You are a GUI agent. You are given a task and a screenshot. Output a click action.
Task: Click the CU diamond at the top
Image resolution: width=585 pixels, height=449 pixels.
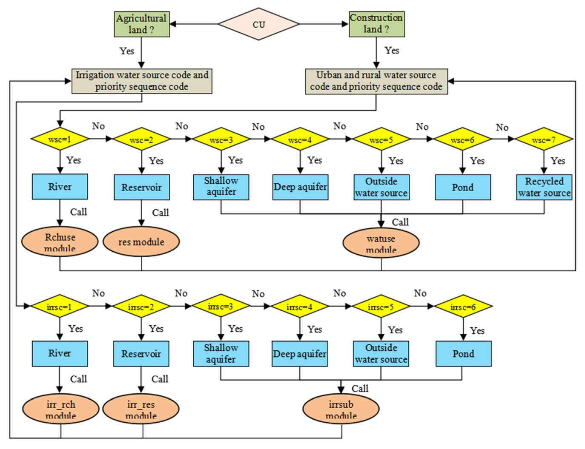coord(259,24)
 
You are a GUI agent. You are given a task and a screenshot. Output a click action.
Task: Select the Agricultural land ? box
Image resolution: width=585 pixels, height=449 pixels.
coord(142,24)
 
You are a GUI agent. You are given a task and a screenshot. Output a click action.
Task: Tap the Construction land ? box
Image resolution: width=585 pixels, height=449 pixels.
coord(376,24)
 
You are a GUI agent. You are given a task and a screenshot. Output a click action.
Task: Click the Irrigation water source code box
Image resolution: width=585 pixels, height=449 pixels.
coord(142,81)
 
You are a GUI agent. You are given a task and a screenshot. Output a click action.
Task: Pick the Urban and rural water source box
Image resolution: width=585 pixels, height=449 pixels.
coord(376,81)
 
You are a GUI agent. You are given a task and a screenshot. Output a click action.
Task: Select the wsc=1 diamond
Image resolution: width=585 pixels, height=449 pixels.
coord(60,139)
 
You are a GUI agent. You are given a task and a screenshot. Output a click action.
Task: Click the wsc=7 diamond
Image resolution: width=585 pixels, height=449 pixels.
coord(544,139)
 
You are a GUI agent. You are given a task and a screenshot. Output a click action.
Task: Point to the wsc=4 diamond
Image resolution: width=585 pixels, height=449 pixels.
coord(300,139)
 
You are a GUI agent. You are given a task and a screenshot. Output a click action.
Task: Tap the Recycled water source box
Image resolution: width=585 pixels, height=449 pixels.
coord(544,187)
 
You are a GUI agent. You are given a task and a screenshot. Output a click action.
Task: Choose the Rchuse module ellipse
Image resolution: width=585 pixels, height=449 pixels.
coord(60,242)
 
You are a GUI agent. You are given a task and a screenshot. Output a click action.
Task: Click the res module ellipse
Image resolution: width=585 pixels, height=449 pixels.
coord(141,242)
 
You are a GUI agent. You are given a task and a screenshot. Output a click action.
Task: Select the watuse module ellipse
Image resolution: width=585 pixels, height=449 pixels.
coord(381,243)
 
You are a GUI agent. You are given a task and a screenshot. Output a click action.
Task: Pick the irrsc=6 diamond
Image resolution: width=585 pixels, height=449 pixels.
coord(463,307)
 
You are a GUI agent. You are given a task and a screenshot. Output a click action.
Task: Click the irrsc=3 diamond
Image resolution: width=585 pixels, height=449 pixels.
coord(221,307)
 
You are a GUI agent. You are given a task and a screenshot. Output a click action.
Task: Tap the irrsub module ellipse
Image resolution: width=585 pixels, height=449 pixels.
coord(341,409)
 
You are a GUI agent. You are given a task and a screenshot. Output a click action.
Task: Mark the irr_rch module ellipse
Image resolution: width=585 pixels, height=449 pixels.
coord(60,409)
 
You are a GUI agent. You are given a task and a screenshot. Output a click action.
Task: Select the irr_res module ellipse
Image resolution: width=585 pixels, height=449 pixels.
coord(141,409)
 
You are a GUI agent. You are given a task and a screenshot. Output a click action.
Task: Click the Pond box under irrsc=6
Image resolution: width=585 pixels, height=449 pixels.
coord(463,354)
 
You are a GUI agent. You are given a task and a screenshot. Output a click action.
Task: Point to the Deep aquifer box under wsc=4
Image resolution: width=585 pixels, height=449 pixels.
coord(300,187)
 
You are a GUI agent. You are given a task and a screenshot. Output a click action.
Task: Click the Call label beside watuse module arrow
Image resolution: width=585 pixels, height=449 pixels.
coord(400,222)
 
